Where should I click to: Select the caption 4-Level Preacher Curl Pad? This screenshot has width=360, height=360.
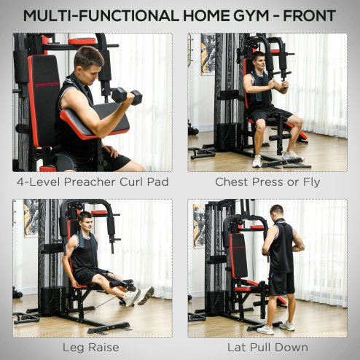92,181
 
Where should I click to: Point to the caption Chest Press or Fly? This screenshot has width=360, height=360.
267,181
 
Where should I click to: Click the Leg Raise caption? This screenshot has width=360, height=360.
92,347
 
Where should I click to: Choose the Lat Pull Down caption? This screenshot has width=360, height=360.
267,347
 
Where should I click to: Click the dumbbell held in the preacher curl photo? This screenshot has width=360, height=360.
126,95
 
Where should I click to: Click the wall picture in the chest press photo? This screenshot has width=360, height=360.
208,55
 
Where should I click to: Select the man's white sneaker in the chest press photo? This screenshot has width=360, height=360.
291,156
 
